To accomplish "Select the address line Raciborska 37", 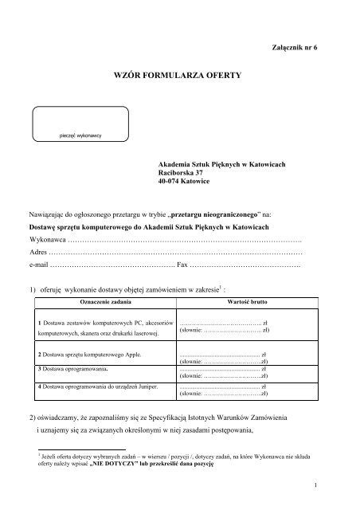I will [x=182, y=172].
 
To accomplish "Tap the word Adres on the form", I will [x=38, y=252].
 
